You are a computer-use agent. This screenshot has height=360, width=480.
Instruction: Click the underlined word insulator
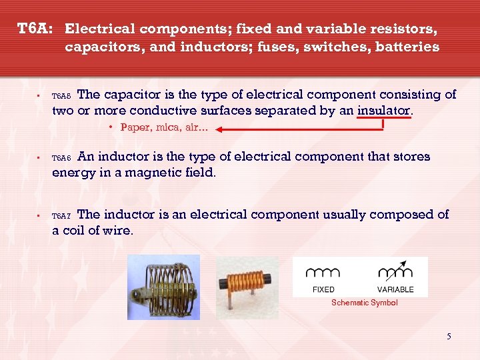point(384,111)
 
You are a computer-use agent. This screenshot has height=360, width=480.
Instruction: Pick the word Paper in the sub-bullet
point(135,127)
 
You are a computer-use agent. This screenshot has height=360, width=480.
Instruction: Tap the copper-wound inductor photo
point(247,283)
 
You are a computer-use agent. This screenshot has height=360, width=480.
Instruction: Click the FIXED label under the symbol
point(323,289)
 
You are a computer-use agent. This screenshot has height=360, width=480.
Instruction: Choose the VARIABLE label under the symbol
point(395,289)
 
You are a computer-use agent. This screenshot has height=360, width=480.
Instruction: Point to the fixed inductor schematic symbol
point(323,272)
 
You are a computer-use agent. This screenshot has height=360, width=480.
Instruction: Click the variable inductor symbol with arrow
point(395,270)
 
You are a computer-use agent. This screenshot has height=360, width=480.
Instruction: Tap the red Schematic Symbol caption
point(364,303)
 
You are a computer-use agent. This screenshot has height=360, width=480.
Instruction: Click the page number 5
point(449,336)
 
